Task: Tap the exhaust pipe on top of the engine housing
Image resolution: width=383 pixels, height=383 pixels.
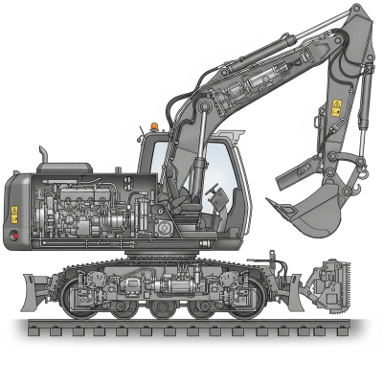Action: [42, 156]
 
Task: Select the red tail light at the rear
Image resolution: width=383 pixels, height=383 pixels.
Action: [13, 233]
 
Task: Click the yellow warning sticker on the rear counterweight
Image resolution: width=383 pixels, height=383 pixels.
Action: [14, 213]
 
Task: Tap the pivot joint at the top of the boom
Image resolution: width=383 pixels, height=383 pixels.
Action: [356, 14]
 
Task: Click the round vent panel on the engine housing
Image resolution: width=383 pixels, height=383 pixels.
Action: [162, 230]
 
